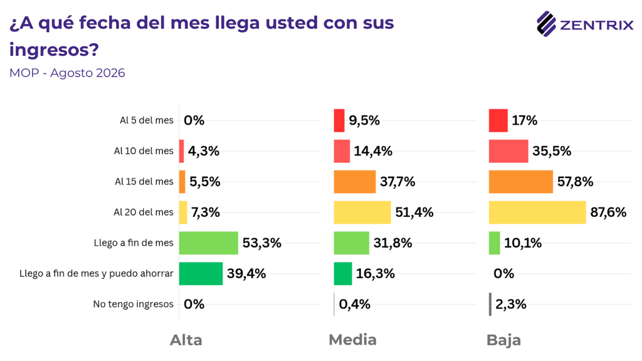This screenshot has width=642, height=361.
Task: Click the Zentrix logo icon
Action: point(546,24)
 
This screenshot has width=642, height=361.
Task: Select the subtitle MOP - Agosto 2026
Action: point(67,73)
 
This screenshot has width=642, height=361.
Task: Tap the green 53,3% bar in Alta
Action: point(208,243)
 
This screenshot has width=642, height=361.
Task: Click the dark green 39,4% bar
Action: point(201,273)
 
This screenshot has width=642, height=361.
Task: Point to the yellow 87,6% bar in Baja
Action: point(537,212)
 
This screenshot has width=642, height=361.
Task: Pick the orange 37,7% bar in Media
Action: point(355,182)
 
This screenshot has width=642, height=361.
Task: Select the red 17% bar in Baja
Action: point(498,120)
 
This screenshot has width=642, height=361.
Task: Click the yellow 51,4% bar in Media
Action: point(362,212)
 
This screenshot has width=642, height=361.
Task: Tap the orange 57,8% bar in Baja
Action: point(521,182)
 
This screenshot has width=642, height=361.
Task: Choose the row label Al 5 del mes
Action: point(147,120)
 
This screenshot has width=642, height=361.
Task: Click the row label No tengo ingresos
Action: point(133,304)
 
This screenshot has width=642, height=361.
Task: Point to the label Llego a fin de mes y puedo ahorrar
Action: point(97,273)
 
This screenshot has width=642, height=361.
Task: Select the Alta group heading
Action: point(186,340)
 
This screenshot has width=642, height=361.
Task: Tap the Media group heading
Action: point(352,340)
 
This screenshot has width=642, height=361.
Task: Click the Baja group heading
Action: point(503,340)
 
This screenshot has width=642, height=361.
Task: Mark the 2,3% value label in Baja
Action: point(510,304)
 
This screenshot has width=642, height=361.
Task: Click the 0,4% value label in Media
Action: point(355,304)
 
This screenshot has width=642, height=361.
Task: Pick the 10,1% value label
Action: point(523,243)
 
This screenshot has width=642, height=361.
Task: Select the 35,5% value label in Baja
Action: point(552,151)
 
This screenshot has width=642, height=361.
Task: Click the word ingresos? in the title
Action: point(54,50)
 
